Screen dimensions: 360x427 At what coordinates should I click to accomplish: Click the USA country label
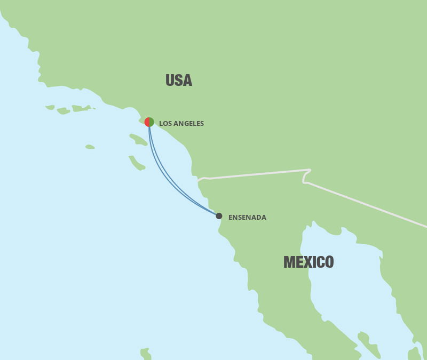(178, 81)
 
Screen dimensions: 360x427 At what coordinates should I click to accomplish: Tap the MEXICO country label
(309, 262)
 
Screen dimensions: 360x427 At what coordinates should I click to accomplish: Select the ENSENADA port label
(247, 218)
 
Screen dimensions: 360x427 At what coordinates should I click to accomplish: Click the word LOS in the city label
(165, 124)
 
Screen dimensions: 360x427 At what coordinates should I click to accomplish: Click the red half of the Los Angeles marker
(147, 122)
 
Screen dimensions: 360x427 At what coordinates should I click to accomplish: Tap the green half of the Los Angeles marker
(152, 122)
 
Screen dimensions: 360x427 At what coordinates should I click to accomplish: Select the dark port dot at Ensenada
(219, 216)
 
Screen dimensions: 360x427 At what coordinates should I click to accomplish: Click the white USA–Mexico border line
(256, 174)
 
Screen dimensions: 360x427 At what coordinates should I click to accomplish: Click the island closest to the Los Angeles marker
(138, 140)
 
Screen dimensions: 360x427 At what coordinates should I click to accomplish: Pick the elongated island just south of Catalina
(137, 163)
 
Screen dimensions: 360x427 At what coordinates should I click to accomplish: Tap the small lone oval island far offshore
(90, 147)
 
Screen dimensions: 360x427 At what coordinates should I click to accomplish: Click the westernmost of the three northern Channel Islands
(50, 107)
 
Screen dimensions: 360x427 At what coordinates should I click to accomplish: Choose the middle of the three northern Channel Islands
(63, 111)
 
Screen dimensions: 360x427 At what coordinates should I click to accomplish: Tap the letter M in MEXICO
(289, 262)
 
